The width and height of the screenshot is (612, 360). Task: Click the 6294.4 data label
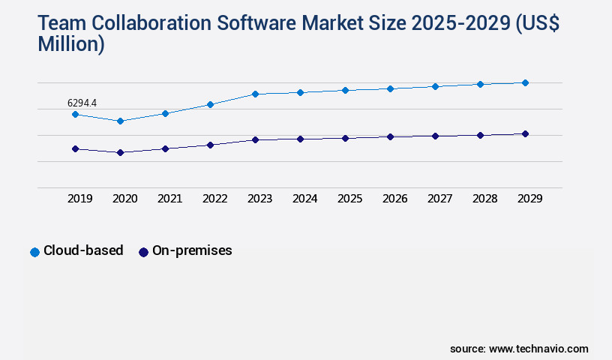pyautogui.click(x=82, y=103)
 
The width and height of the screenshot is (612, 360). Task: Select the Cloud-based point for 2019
pyautogui.click(x=75, y=114)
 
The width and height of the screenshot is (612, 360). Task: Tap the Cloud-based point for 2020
pyautogui.click(x=120, y=121)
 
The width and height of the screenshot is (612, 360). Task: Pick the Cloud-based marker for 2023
pyautogui.click(x=255, y=94)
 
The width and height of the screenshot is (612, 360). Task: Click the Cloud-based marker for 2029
pyautogui.click(x=525, y=82)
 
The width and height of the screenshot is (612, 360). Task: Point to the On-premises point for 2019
pyautogui.click(x=75, y=148)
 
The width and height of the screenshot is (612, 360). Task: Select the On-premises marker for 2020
pyautogui.click(x=120, y=152)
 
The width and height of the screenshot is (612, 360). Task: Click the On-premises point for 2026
pyautogui.click(x=390, y=136)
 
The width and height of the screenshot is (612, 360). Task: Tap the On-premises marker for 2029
pyautogui.click(x=525, y=133)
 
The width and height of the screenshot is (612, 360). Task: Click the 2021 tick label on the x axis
pyautogui.click(x=169, y=199)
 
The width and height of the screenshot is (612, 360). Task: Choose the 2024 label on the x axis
pyautogui.click(x=304, y=199)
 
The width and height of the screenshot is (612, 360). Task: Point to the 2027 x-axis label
pyautogui.click(x=439, y=199)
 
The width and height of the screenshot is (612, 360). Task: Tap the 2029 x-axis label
pyautogui.click(x=529, y=199)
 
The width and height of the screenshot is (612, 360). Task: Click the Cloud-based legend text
pyautogui.click(x=83, y=251)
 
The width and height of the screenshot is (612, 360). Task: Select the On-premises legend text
pyautogui.click(x=192, y=251)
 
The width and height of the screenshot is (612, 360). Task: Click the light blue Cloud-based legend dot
pyautogui.click(x=34, y=252)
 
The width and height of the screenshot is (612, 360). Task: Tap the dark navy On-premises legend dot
pyautogui.click(x=143, y=252)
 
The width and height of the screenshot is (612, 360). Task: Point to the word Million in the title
pyautogui.click(x=71, y=45)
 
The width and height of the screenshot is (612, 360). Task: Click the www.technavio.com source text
pyautogui.click(x=538, y=349)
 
